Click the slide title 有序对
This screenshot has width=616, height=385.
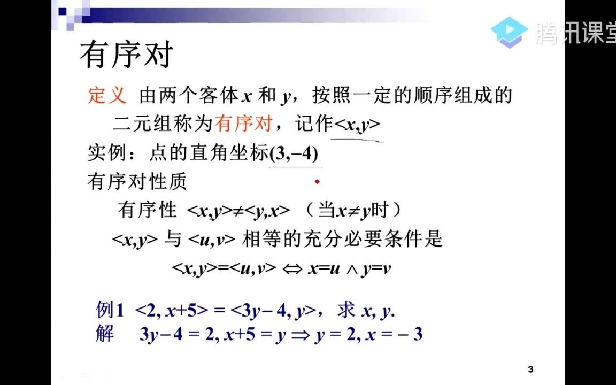pos(127,55)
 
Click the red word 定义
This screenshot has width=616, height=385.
pos(107,95)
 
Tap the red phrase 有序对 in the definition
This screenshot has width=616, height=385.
pos(244,124)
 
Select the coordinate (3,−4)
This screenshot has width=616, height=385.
pos(295,154)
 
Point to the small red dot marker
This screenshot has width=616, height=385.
pos(317,182)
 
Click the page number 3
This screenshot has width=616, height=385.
pos(530,369)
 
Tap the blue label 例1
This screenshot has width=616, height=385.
pos(110,310)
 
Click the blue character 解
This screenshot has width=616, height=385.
pos(105,334)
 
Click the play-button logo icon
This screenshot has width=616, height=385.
pos(509,32)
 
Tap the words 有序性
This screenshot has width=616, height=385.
pos(147,210)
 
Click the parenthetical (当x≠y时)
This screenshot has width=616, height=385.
pos(353,210)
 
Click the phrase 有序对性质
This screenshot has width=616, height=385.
pos(137,182)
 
